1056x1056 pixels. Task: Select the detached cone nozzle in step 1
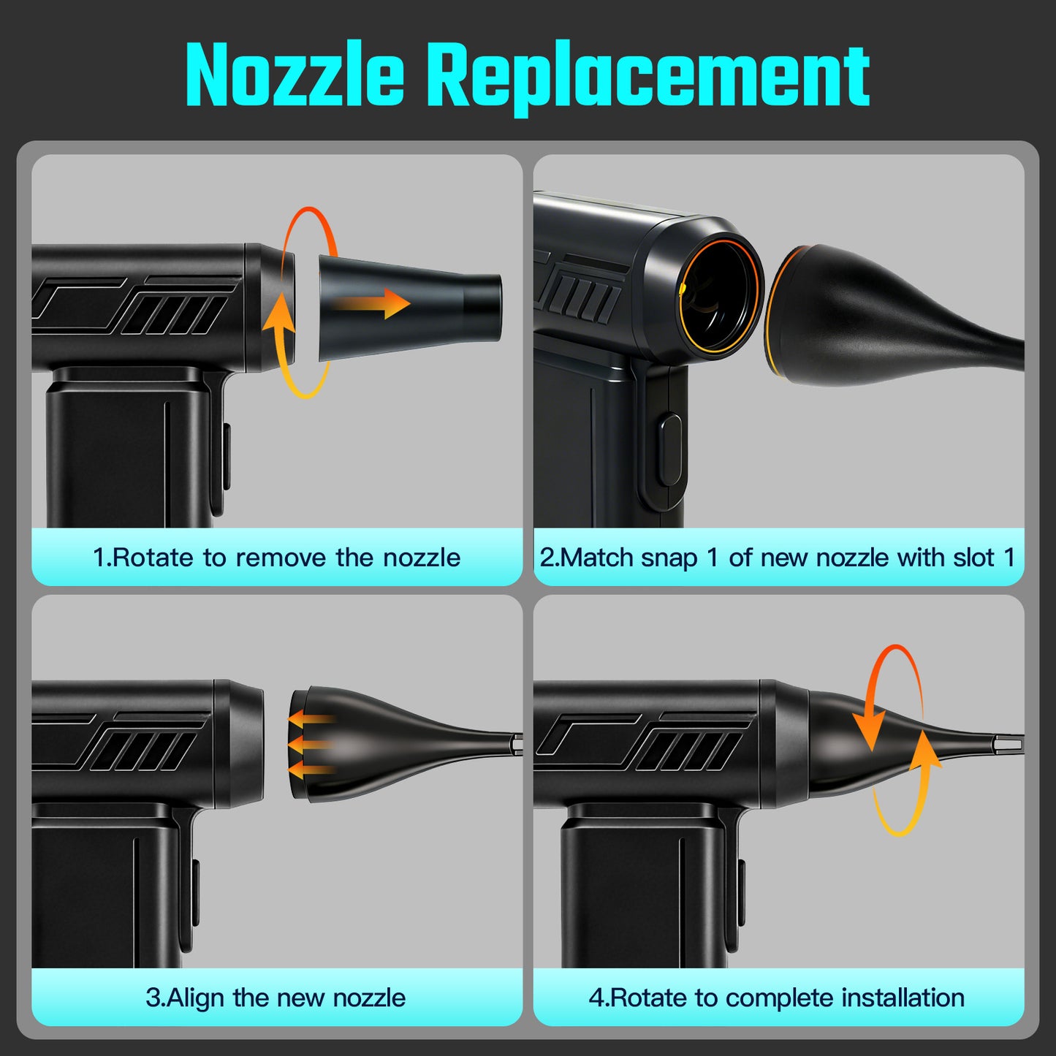[410, 309]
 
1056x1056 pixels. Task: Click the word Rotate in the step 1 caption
[153, 558]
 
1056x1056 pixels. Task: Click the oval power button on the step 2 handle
[669, 450]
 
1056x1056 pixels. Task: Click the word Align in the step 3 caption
[198, 998]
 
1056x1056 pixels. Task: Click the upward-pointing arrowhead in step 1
[279, 312]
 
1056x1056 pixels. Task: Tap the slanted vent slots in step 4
[687, 751]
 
